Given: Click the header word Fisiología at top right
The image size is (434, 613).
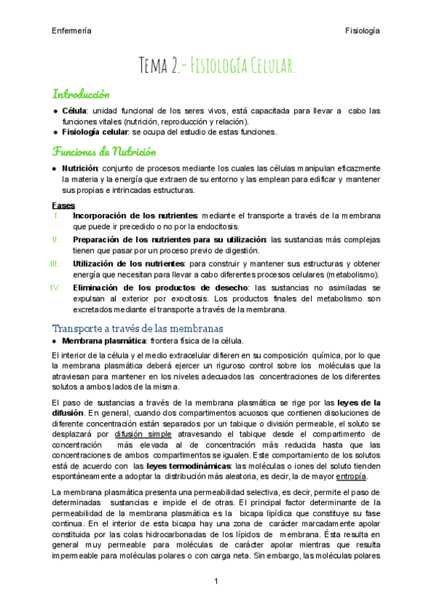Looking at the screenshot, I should point(363,30).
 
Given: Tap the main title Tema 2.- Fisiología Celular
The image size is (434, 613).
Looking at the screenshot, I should point(217,67).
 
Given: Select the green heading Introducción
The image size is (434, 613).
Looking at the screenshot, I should point(80,94).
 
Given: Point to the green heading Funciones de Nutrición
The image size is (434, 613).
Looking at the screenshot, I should point(103,151).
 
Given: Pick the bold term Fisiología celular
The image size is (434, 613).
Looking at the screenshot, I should point(97,132).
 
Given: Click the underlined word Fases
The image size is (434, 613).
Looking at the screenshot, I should point(64,205).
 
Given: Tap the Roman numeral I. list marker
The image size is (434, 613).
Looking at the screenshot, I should point(58,215).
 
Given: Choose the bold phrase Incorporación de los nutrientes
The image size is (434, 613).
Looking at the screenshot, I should point(135,215).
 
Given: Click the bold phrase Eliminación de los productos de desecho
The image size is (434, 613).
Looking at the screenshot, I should point(160,287).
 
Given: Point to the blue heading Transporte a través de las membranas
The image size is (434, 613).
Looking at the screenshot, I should point(133,328).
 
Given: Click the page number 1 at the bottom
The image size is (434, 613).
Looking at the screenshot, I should point(216,582).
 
